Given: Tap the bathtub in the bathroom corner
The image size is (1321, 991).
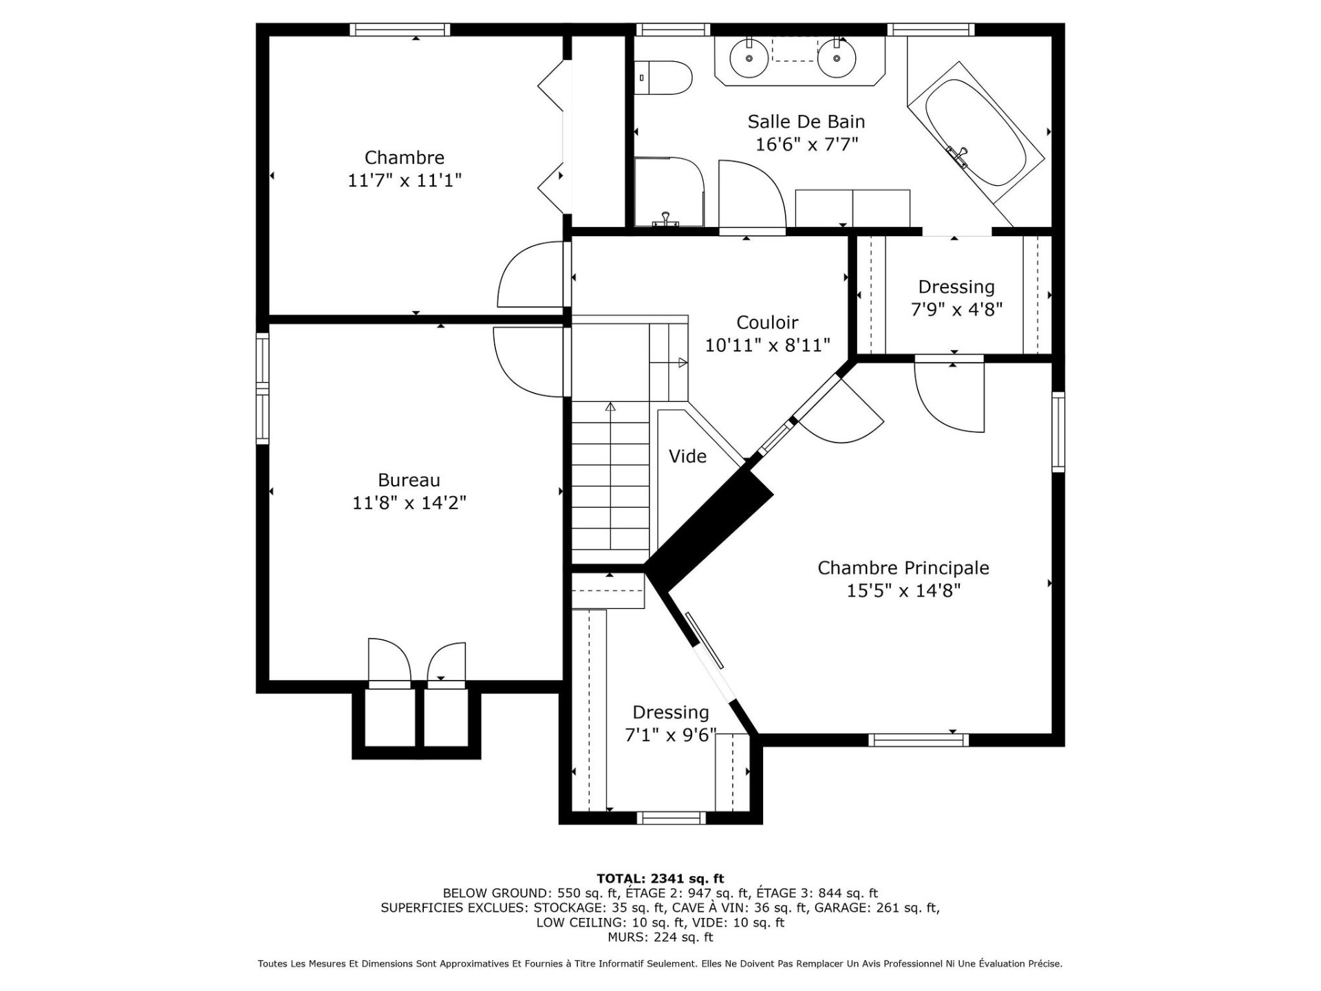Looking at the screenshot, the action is click(x=976, y=134).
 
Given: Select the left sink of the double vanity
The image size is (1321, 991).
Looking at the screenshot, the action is click(x=748, y=57).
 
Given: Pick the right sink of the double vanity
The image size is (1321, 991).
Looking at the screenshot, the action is click(x=837, y=57).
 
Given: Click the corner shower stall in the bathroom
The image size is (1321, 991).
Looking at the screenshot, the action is click(x=669, y=192).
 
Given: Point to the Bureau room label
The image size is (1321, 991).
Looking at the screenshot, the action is click(x=409, y=480).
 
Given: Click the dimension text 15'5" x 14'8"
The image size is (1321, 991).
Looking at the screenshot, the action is click(x=903, y=590).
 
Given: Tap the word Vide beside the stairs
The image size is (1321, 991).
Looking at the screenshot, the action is click(x=687, y=456).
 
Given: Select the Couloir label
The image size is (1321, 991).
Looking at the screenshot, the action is click(x=767, y=322).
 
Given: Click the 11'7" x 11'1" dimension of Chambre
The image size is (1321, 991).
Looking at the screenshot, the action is click(x=405, y=180).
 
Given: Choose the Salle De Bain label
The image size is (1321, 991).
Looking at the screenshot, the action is click(x=806, y=122).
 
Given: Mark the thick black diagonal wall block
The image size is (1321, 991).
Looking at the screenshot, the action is click(x=709, y=529).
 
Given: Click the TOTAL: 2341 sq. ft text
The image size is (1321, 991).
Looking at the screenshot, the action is click(x=660, y=878).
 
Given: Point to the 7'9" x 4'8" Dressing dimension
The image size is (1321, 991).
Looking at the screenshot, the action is click(x=956, y=310).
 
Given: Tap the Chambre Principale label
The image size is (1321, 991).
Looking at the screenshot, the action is click(x=903, y=568).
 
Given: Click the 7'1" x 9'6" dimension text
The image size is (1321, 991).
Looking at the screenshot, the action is click(x=670, y=735).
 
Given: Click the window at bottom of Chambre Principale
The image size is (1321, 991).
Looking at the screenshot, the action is click(x=918, y=740).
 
